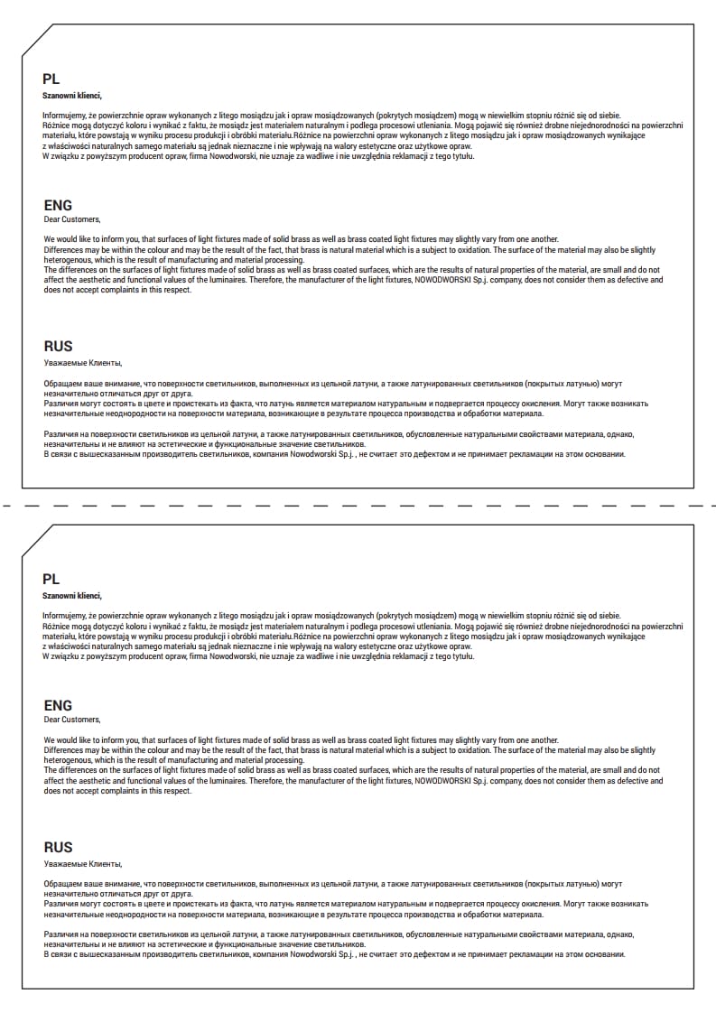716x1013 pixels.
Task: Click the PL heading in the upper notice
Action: (51, 79)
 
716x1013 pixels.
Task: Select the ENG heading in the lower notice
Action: (58, 705)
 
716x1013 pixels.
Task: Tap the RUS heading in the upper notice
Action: (58, 346)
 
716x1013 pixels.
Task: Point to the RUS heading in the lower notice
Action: (58, 847)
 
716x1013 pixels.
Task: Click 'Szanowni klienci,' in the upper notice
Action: (72, 95)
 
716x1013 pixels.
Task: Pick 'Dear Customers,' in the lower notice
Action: (72, 720)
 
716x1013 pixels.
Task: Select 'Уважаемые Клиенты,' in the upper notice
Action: (82, 362)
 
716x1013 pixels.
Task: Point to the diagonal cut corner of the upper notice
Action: (37, 40)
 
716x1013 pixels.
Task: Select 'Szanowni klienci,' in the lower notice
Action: (72, 596)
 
